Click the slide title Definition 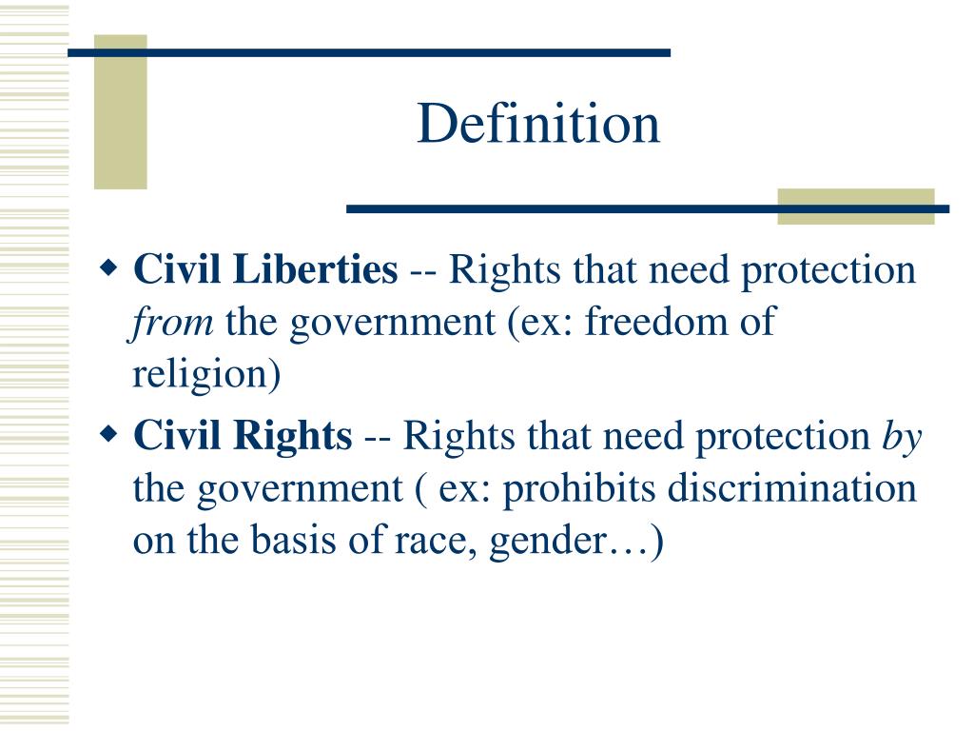point(538,125)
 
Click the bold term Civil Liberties point(265,271)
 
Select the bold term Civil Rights point(243,437)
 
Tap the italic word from point(172,324)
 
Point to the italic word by point(903,437)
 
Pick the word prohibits point(579,489)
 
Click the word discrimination point(791,489)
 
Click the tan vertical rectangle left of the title point(121,112)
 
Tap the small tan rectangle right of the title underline point(855,207)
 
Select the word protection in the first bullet point(828,271)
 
